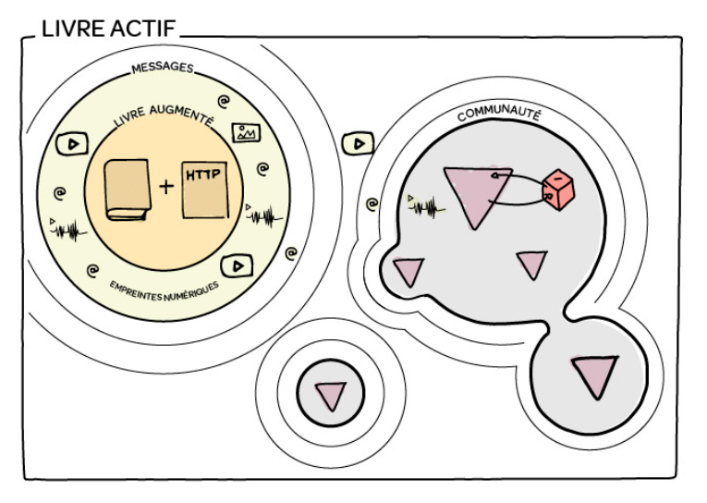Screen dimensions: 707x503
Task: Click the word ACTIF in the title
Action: pos(142,29)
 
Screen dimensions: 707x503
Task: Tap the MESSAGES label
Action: pos(163,67)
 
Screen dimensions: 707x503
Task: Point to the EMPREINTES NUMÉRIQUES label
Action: pos(165,291)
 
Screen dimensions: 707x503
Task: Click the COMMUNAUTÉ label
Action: pos(499,116)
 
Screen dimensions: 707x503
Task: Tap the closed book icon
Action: pos(128,190)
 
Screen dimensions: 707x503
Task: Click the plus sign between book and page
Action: pos(166,187)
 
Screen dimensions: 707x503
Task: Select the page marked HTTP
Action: pos(204,190)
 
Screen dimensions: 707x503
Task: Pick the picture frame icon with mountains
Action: pos(246,132)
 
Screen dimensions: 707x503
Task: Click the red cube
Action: pos(558,190)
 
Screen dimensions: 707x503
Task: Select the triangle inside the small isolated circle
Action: pos(331,396)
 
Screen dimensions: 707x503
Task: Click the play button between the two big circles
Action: pos(358,144)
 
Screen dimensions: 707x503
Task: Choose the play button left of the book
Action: pos(72,144)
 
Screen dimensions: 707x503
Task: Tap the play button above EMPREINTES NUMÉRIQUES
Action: pos(237,266)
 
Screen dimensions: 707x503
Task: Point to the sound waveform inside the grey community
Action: pos(426,206)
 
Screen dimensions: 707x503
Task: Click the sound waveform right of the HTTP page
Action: pos(264,215)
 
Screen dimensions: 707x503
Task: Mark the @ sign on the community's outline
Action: pos(372,205)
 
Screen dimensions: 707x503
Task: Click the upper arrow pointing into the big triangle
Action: pos(518,177)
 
